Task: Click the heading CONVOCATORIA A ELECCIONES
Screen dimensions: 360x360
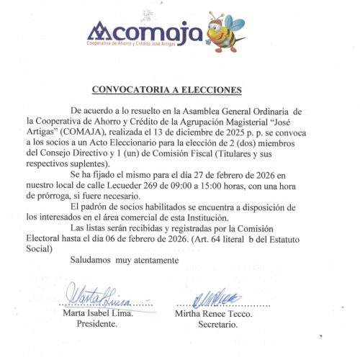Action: click(x=167, y=90)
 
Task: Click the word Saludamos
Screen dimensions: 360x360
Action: click(x=93, y=258)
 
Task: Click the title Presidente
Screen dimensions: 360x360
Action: click(x=96, y=325)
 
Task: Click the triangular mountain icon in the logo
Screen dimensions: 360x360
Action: click(x=100, y=32)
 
